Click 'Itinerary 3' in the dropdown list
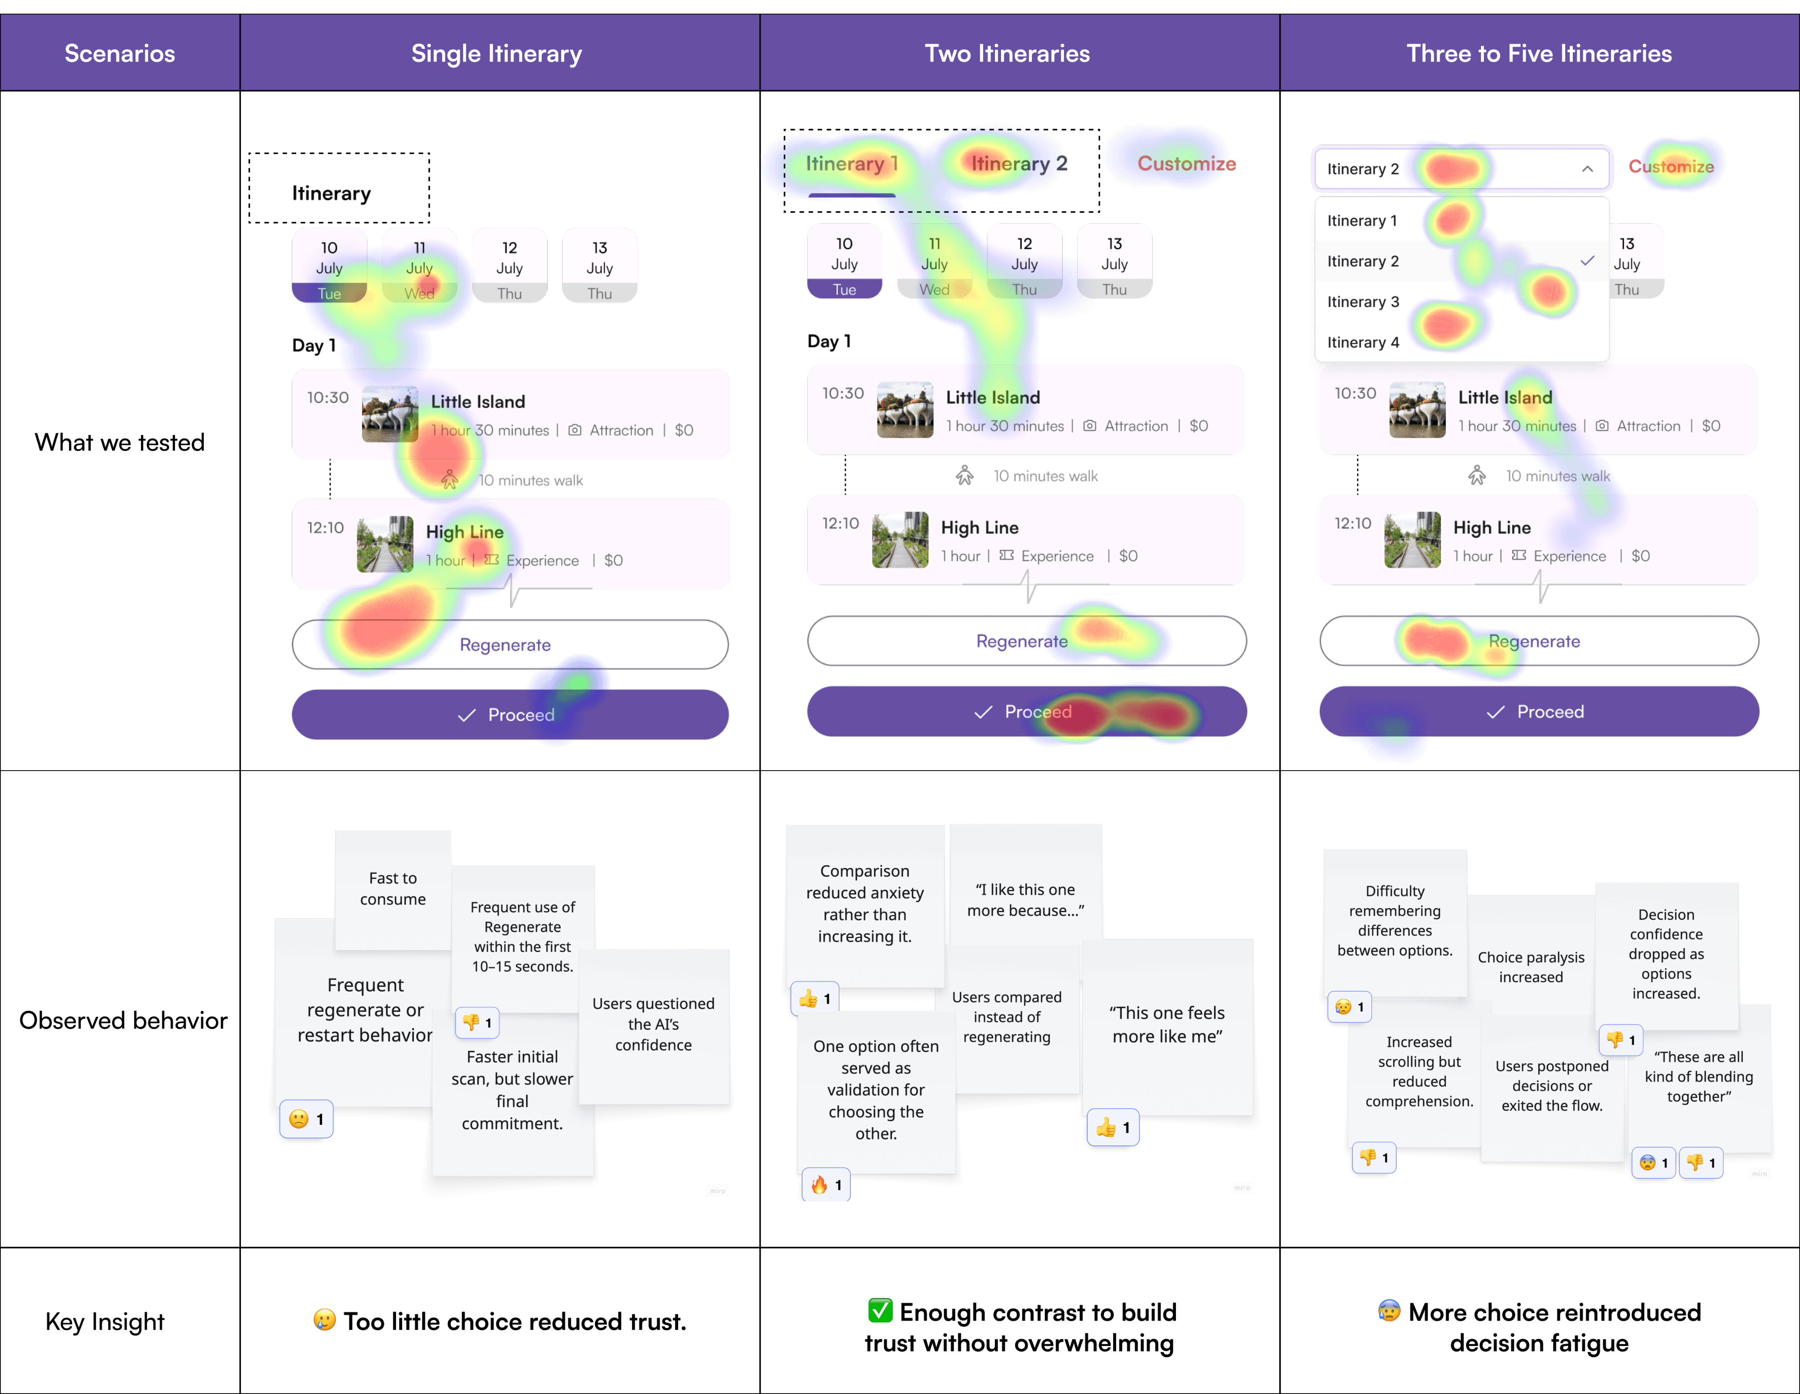pyautogui.click(x=1363, y=302)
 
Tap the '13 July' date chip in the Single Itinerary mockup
pyautogui.click(x=599, y=266)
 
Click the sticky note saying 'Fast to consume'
pyautogui.click(x=393, y=888)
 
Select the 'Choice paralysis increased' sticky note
pyautogui.click(x=1531, y=966)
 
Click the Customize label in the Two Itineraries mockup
pyautogui.click(x=1186, y=163)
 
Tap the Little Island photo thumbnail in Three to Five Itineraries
pyautogui.click(x=1417, y=410)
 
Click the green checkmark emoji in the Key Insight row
pyautogui.click(x=880, y=1311)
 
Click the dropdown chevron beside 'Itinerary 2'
pyautogui.click(x=1586, y=169)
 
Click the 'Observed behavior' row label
pyautogui.click(x=123, y=1021)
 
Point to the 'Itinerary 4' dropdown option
pyautogui.click(x=1363, y=342)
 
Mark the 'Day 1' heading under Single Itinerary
pyautogui.click(x=314, y=346)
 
